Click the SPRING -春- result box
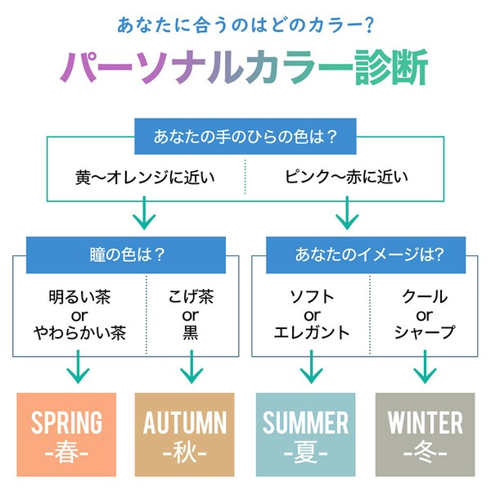point(66,435)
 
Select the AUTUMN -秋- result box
point(184,435)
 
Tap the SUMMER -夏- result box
point(305,435)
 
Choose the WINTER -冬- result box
point(425,435)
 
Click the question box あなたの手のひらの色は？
point(245,136)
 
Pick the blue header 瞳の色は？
point(126,255)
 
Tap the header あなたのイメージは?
point(366,255)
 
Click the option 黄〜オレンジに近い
point(145,178)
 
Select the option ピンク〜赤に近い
point(346,177)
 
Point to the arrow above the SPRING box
point(78,367)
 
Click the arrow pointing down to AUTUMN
point(191,367)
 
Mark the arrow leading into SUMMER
point(311,367)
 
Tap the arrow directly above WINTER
point(425,367)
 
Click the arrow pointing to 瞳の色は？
point(144,213)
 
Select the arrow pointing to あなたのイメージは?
point(347,213)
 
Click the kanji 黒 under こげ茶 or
point(191,332)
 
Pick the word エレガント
point(312,332)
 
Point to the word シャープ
point(425,332)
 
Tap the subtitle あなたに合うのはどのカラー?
point(245,25)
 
